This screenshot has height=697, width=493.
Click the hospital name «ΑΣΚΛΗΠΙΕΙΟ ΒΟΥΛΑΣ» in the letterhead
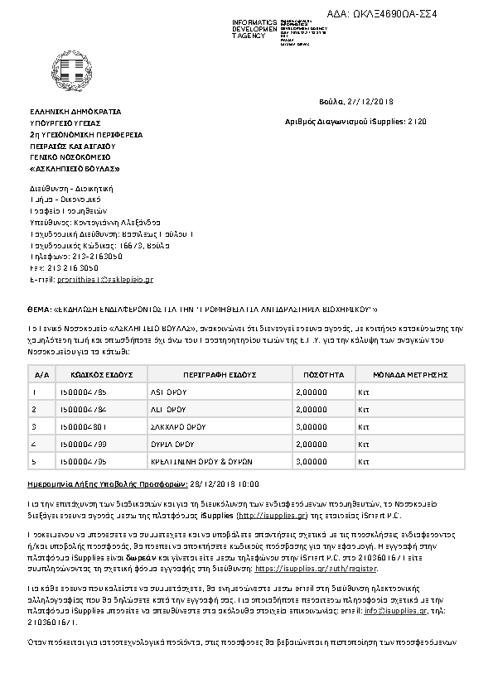[75, 168]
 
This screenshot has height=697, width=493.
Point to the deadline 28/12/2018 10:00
[225, 482]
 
